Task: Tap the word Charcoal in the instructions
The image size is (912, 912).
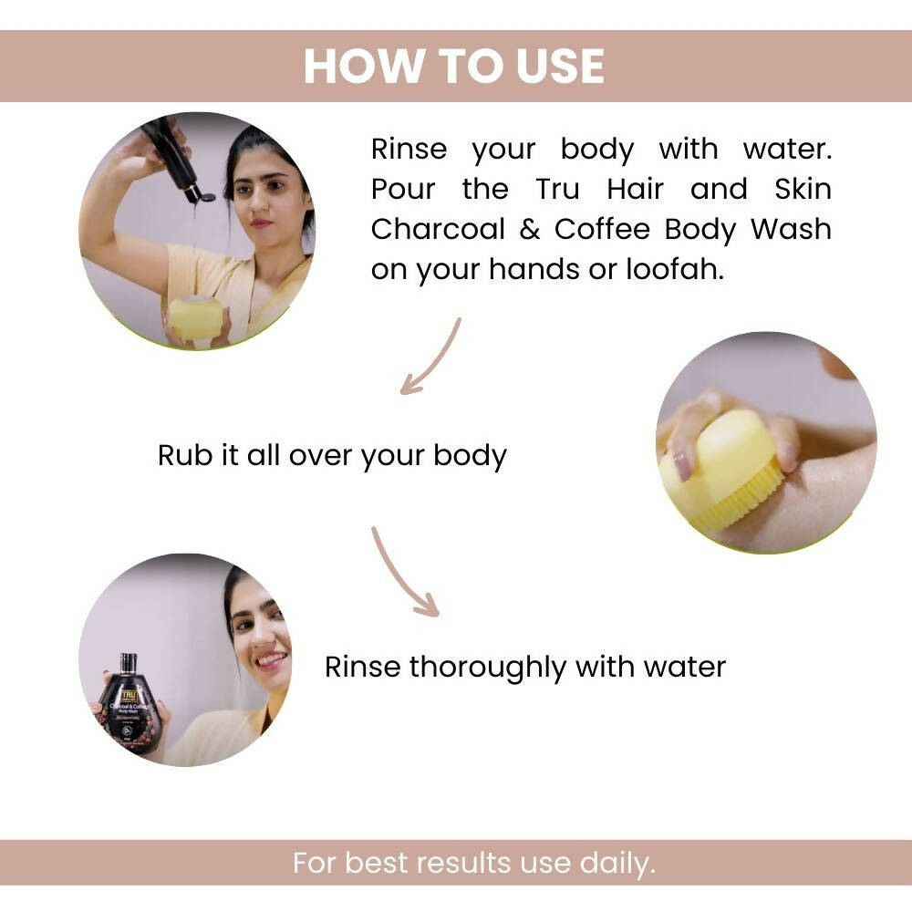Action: [438, 229]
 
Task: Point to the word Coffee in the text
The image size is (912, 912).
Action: [602, 229]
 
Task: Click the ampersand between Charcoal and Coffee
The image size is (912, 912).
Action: [529, 229]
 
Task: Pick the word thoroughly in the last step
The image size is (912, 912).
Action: [487, 668]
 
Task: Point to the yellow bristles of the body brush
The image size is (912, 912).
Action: [738, 493]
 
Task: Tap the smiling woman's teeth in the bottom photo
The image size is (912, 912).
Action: [272, 659]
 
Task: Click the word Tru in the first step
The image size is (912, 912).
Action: [557, 189]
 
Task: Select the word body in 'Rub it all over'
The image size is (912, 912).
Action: [470, 456]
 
